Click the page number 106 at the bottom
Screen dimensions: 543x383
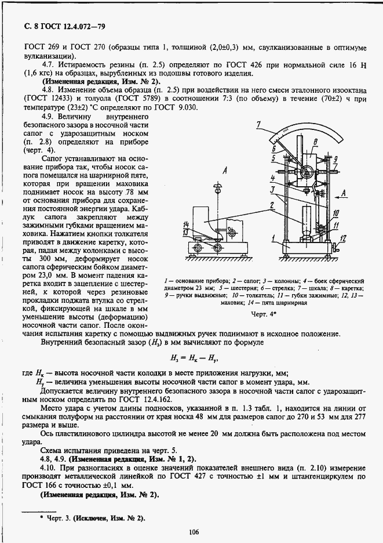coord(194,531)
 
